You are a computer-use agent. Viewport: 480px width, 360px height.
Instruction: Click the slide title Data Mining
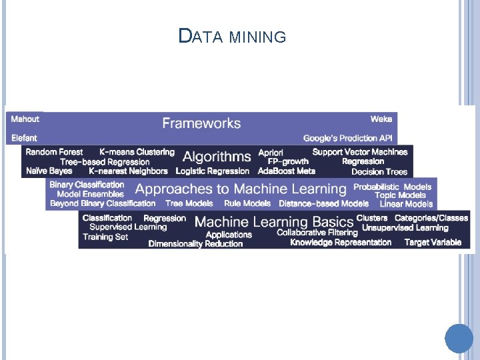(x=232, y=36)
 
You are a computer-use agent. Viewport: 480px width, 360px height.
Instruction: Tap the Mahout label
(x=25, y=119)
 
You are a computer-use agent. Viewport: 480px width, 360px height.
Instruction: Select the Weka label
(x=381, y=119)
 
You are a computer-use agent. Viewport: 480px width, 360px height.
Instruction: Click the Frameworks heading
(x=201, y=123)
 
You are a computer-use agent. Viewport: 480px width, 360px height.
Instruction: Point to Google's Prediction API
(x=348, y=138)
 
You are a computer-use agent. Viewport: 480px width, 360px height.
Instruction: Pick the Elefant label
(x=25, y=138)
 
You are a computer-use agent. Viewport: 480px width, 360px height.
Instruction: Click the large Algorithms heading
(x=217, y=157)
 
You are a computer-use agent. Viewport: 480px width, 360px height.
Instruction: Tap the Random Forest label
(x=55, y=152)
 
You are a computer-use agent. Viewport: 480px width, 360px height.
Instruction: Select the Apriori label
(x=271, y=153)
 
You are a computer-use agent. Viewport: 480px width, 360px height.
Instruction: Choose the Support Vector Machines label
(x=360, y=152)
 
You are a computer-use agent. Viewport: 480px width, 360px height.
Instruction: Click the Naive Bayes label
(x=49, y=171)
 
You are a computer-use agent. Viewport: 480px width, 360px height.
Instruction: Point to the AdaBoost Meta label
(x=287, y=171)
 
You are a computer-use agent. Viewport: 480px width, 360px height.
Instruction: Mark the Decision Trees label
(x=379, y=172)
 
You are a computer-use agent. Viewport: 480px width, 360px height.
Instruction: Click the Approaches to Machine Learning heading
(x=241, y=189)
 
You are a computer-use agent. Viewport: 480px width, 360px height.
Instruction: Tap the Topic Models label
(x=401, y=195)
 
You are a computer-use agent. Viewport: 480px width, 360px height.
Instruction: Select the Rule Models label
(x=247, y=204)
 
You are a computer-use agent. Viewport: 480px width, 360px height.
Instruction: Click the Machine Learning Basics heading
(x=274, y=222)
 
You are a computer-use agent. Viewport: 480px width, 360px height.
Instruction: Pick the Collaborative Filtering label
(x=317, y=233)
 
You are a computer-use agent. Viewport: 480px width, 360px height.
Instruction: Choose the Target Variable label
(x=433, y=242)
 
